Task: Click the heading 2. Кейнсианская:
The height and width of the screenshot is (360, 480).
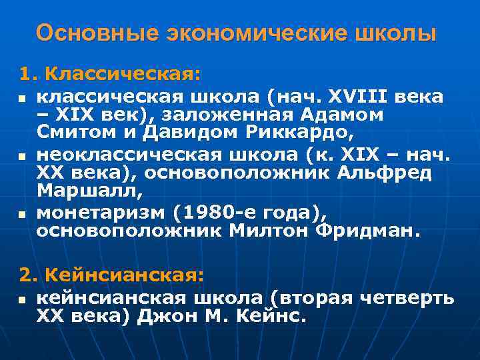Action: pyautogui.click(x=111, y=274)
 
